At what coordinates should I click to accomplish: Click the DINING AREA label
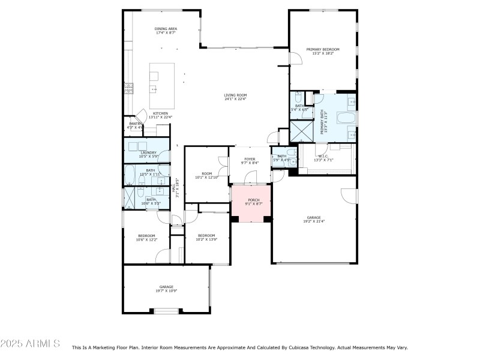(x=166, y=31)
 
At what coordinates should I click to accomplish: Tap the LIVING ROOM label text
(x=235, y=97)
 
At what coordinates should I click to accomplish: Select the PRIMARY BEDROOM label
(x=323, y=51)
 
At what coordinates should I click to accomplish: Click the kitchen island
(x=162, y=78)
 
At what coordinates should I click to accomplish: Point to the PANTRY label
(x=135, y=125)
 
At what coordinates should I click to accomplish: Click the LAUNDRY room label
(x=148, y=155)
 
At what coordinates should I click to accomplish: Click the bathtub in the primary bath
(x=342, y=118)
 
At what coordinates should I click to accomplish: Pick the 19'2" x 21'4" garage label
(x=314, y=219)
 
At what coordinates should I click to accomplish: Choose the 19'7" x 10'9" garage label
(x=166, y=289)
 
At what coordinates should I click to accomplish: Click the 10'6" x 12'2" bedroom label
(x=146, y=238)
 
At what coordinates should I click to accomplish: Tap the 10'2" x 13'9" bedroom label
(x=206, y=238)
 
